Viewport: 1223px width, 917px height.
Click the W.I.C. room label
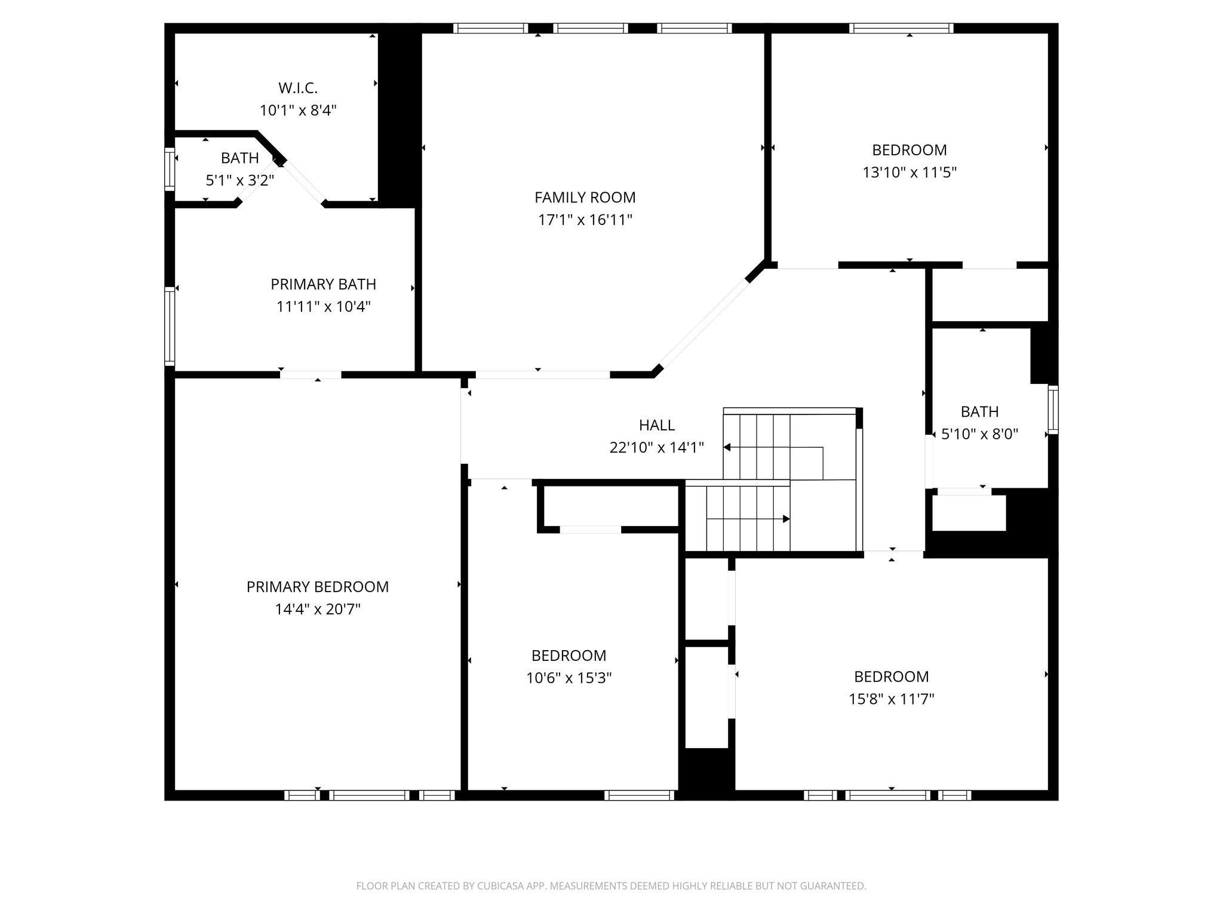[298, 88]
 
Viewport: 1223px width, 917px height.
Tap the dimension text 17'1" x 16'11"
[585, 220]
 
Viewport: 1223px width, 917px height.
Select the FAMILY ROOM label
[585, 198]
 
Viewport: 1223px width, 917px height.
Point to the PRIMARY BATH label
[323, 284]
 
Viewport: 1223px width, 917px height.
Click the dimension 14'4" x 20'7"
[317, 610]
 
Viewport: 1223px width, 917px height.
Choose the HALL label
[656, 425]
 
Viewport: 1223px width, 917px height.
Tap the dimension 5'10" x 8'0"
[979, 434]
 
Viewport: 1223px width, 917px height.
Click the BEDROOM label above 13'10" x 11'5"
[909, 150]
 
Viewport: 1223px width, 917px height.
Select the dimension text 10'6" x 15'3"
[569, 678]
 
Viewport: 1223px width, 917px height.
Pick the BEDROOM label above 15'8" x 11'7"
[891, 676]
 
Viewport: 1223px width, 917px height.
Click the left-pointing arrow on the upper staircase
[728, 447]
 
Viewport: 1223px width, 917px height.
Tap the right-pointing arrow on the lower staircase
[786, 519]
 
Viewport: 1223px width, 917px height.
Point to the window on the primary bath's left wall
[170, 326]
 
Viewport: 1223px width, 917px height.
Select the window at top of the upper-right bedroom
[901, 28]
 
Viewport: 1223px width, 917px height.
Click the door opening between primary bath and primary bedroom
[311, 375]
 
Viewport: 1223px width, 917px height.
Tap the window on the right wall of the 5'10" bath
[1053, 410]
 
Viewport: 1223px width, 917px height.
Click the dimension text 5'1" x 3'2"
[239, 180]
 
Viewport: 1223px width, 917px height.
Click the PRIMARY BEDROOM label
[317, 587]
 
